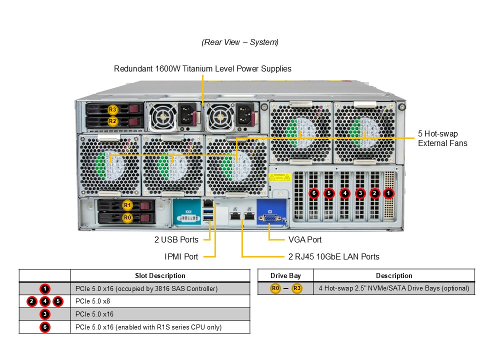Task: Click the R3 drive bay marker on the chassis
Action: point(112,109)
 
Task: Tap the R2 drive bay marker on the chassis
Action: point(112,121)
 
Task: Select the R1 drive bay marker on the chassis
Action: point(127,205)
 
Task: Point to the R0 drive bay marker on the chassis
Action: point(127,217)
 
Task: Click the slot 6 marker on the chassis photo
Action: point(314,193)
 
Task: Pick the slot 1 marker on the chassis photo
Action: point(389,193)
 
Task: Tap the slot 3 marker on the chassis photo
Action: point(360,193)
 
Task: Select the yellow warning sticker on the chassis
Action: point(279,177)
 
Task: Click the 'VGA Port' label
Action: point(305,240)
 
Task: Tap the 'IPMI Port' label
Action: point(181,256)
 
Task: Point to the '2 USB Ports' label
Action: point(176,240)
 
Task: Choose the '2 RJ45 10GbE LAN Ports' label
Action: point(333,256)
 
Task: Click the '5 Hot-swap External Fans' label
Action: point(442,138)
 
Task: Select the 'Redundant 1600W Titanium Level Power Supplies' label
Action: point(202,68)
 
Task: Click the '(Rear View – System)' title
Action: point(240,42)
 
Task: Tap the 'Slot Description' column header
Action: point(160,275)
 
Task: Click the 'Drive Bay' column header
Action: point(285,275)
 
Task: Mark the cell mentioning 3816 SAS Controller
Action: point(146,288)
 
